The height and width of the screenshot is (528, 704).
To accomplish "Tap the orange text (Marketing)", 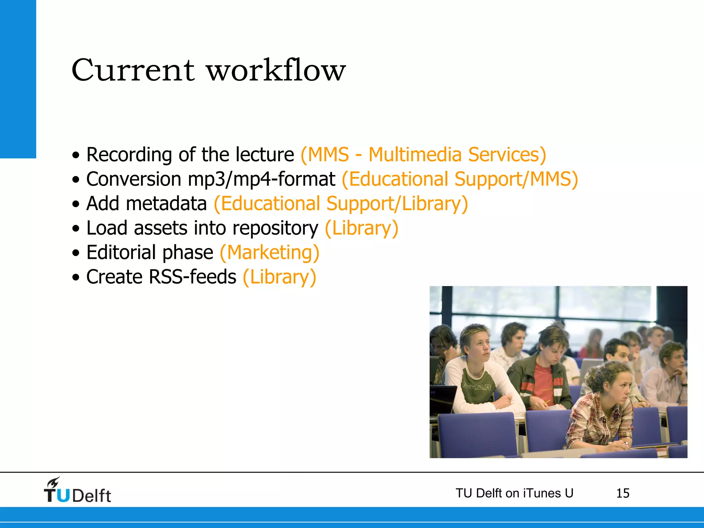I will click(269, 253).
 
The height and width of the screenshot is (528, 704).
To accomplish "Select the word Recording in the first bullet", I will click(129, 155).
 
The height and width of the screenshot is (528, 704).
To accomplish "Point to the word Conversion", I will click(134, 179).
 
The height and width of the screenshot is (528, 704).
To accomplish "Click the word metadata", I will click(166, 203).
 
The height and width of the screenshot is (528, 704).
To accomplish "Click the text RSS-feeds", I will click(192, 277).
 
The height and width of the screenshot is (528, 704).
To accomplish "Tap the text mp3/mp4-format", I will click(262, 179).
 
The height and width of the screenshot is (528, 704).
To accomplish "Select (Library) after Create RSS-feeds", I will click(279, 277).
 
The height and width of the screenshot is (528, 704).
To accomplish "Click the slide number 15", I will click(623, 493).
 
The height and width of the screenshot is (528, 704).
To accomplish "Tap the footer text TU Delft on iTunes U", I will click(514, 493).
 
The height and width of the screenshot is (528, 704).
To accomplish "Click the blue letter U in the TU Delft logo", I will click(63, 495).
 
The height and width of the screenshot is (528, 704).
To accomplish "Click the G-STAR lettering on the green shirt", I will click(476, 387).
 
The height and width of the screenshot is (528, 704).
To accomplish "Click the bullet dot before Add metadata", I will click(76, 204).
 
